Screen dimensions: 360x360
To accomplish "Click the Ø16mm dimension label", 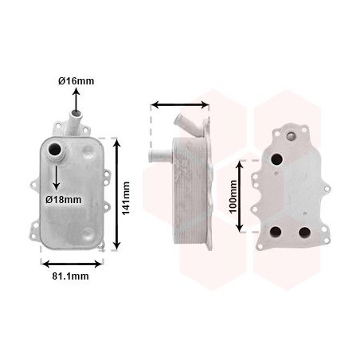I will pyautogui.click(x=76, y=81).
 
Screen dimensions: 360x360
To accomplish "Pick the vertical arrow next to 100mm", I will pyautogui.click(x=245, y=194).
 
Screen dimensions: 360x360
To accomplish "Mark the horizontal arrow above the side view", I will pyautogui.click(x=180, y=104).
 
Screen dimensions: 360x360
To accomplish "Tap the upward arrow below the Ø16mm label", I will pyautogui.click(x=76, y=102).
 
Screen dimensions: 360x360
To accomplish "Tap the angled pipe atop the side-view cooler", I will pyautogui.click(x=183, y=122).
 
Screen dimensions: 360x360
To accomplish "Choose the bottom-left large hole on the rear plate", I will pyautogui.click(x=276, y=232).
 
